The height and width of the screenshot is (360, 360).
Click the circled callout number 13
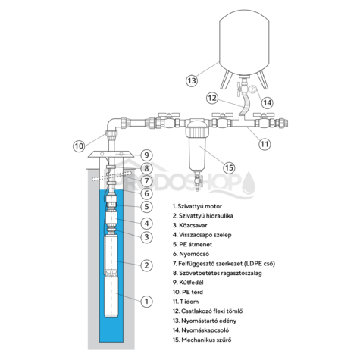point(192,81)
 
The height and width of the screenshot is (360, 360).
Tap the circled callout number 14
point(268,102)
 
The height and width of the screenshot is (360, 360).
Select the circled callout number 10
point(79,146)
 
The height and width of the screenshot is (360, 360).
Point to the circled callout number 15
point(229,167)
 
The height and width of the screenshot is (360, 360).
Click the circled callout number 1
point(146,301)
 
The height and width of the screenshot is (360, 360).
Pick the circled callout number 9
point(146,155)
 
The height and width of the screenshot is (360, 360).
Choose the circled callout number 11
point(265,144)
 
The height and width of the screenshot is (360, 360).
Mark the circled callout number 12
point(212,98)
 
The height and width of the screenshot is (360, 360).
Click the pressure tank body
point(244,42)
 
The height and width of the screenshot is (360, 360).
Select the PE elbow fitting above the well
point(112,126)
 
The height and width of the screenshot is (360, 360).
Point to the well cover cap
point(111,155)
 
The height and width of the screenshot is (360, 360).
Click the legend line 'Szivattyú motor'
point(197,206)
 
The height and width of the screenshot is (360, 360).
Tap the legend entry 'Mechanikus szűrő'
point(202,340)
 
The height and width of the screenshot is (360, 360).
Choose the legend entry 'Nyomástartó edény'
point(205,321)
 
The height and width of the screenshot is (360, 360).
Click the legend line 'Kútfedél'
point(188,283)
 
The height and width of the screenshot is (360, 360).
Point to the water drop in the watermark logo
point(249,184)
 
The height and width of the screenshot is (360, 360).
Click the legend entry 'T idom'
point(186,302)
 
